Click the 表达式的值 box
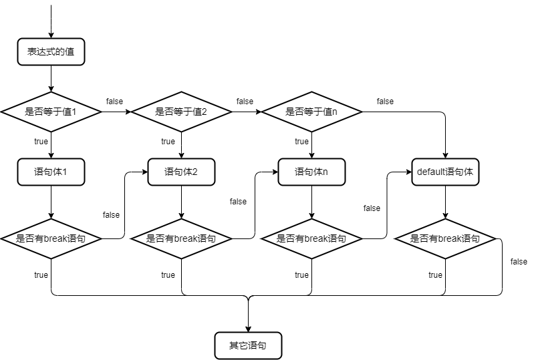click(x=51, y=52)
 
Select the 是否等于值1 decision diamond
click(x=51, y=112)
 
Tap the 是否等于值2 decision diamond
click(x=181, y=112)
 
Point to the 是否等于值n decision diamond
click(x=311, y=112)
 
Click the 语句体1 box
click(x=51, y=172)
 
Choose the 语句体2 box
click(x=181, y=172)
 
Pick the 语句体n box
click(x=311, y=172)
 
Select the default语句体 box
click(x=445, y=172)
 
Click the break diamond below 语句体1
click(x=51, y=238)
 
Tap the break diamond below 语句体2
click(x=181, y=238)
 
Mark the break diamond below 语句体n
click(x=311, y=238)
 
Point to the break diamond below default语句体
click(x=445, y=238)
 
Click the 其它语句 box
click(x=248, y=345)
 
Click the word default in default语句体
click(x=431, y=172)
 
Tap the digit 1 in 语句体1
click(x=64, y=172)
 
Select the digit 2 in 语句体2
click(x=194, y=172)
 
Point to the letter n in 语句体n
click(x=325, y=172)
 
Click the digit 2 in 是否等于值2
click(x=205, y=112)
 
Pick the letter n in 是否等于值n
click(x=335, y=112)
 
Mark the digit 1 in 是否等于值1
click(x=74, y=112)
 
